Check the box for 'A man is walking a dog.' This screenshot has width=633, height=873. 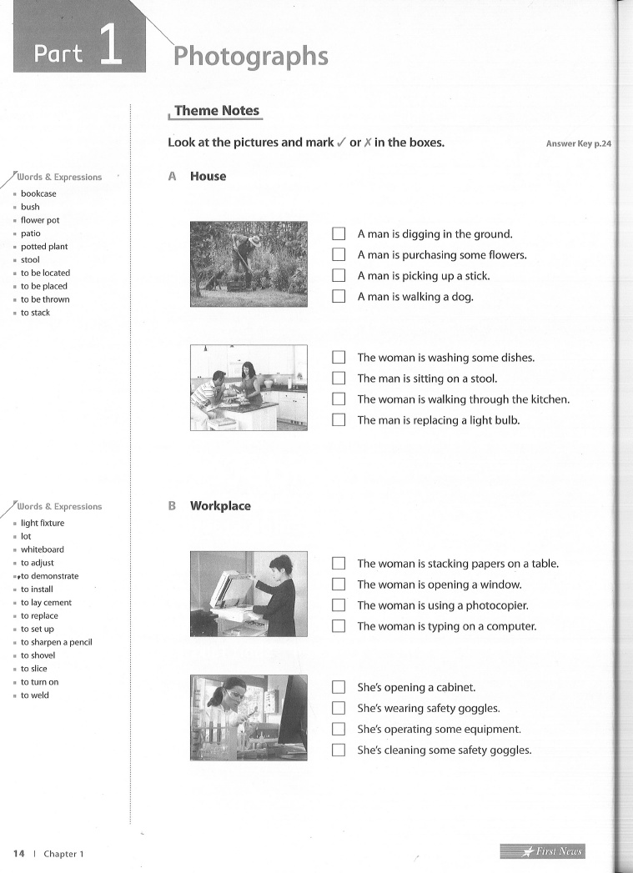[x=338, y=296]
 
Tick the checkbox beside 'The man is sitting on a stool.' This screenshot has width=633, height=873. [x=338, y=379]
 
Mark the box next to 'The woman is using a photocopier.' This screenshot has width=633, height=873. [x=338, y=605]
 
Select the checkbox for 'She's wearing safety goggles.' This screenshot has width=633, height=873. [x=338, y=708]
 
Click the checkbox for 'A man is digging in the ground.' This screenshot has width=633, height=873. [x=338, y=234]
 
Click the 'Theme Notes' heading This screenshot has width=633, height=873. [x=217, y=111]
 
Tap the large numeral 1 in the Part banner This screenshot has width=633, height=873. [x=110, y=46]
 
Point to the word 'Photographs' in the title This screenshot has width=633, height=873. [x=250, y=56]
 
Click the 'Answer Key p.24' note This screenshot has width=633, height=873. [x=578, y=143]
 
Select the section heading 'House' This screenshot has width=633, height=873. [x=208, y=176]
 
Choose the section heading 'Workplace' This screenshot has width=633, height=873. [x=220, y=505]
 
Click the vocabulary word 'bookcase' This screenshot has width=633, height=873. [x=38, y=193]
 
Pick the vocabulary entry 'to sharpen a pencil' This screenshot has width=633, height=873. [x=56, y=642]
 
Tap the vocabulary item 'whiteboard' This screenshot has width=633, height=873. [x=42, y=549]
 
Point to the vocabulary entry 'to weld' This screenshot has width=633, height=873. [x=35, y=695]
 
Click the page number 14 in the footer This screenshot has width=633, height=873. [x=18, y=853]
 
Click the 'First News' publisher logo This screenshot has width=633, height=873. [x=542, y=851]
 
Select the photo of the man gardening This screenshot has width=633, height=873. [x=249, y=264]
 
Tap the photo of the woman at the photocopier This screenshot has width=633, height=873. [x=249, y=594]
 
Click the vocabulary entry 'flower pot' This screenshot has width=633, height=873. [x=40, y=220]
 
